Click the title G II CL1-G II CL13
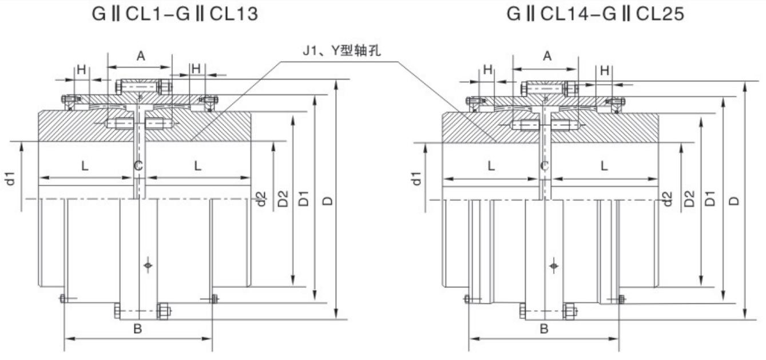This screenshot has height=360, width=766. click(x=175, y=13)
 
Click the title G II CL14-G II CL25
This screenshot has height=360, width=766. click(x=595, y=13)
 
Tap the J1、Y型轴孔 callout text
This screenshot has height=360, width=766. click(x=342, y=51)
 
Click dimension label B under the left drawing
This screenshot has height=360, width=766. click(x=137, y=329)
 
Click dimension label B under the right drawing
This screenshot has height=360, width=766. click(x=544, y=329)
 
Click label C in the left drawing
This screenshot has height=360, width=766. click(x=138, y=166)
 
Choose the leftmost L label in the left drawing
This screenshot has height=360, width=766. click(x=85, y=166)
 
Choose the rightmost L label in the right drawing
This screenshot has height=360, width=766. click(x=604, y=166)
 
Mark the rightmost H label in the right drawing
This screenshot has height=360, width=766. click(x=605, y=70)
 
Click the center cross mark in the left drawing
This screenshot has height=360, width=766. click(x=148, y=265)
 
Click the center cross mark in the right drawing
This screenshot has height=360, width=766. click(x=553, y=266)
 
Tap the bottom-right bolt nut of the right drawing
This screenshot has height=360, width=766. click(x=569, y=311)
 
